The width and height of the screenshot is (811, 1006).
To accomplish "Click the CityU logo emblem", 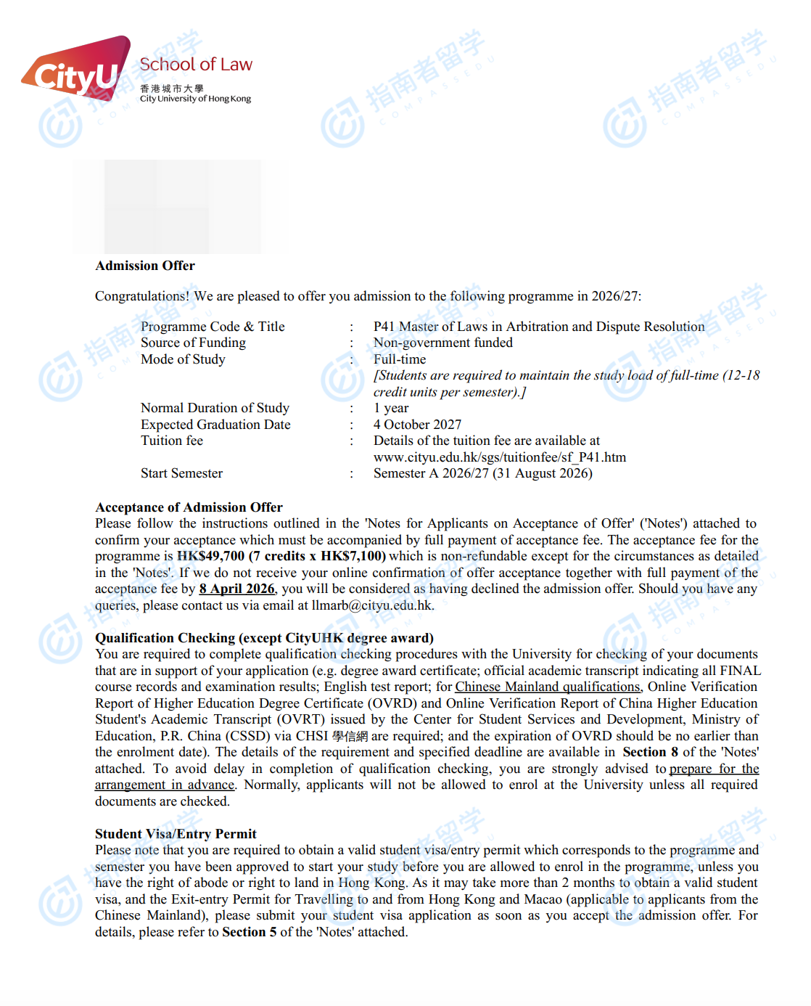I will [76, 70].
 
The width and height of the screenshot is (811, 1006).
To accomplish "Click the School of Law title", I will [196, 65].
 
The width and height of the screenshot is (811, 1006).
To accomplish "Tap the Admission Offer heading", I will [145, 266].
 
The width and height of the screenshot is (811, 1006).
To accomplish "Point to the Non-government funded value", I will [442, 343].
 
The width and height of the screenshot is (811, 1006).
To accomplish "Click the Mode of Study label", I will [183, 359].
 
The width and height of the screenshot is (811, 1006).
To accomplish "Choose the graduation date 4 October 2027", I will [417, 425].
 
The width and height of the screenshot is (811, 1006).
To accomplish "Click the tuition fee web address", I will [499, 457].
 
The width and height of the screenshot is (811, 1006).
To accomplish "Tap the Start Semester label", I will [181, 473].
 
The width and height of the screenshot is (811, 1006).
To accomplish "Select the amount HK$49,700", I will [210, 556].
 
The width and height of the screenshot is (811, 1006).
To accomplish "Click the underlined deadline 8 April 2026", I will [236, 589].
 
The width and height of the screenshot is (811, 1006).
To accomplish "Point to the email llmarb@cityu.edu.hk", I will [371, 605].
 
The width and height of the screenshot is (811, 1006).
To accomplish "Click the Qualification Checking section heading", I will [264, 638].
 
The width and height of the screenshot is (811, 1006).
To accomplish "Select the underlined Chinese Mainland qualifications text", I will [548, 687].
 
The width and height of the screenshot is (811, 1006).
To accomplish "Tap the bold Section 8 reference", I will [650, 752].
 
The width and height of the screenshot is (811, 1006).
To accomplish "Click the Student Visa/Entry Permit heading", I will [176, 834].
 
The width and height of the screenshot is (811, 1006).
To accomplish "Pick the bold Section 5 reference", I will [249, 932].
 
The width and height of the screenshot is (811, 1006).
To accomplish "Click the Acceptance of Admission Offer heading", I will [189, 507].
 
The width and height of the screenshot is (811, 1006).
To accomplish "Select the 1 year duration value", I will [391, 408].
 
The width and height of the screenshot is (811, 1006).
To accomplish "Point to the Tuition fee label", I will [172, 441].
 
